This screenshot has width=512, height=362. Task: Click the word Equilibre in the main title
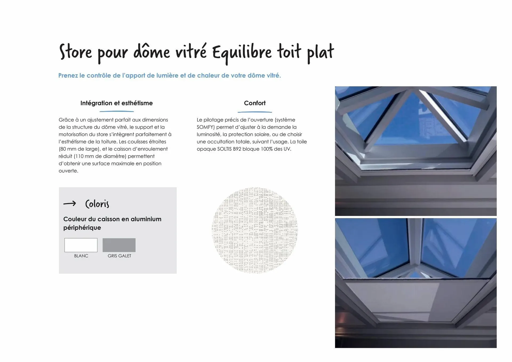(x=242, y=52)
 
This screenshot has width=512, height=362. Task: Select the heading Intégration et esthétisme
(x=117, y=103)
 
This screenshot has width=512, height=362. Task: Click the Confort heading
(x=255, y=103)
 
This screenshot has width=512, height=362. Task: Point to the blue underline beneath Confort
(x=255, y=112)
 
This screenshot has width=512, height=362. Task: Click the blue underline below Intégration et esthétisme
(x=117, y=111)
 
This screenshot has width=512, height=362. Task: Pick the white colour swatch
(x=81, y=245)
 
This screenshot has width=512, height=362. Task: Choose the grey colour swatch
(x=119, y=245)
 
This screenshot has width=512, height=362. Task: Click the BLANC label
(x=81, y=256)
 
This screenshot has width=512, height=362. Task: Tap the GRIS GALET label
(x=119, y=256)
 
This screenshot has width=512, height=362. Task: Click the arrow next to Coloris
(x=70, y=204)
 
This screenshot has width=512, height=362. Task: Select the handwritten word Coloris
(x=97, y=204)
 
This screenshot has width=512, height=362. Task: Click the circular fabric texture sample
(x=255, y=230)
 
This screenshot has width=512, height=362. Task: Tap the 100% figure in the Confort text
(x=266, y=149)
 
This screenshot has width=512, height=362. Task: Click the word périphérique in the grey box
(x=82, y=228)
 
